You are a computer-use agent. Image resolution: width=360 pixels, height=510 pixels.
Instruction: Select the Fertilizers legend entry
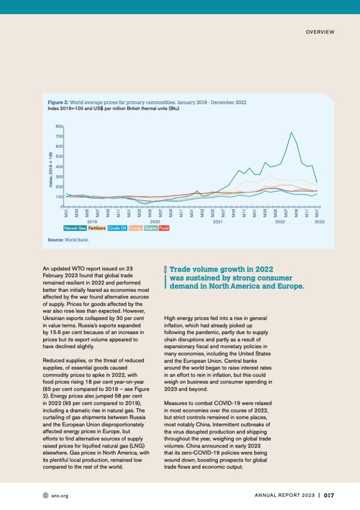[x=97, y=228]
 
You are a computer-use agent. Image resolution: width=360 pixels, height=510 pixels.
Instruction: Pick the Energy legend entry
[x=136, y=228]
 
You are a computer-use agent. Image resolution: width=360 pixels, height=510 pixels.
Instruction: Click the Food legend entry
[x=164, y=228]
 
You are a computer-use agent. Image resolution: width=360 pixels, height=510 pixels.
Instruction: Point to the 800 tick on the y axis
[x=59, y=126]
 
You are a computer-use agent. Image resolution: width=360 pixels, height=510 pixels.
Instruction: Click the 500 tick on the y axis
[x=59, y=156]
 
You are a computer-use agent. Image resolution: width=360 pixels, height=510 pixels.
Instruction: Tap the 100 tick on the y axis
[x=59, y=197]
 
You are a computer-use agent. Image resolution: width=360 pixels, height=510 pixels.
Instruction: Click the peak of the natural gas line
[x=291, y=132]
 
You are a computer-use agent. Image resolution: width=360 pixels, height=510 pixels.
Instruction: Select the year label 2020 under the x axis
[x=155, y=221]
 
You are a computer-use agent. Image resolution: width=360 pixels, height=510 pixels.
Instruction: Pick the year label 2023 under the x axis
[x=319, y=221]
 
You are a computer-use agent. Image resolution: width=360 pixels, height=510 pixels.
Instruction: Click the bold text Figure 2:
[x=58, y=102]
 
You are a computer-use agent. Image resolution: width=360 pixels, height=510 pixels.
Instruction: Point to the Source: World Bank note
[x=68, y=239]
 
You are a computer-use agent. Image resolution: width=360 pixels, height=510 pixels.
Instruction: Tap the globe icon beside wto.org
[x=45, y=495]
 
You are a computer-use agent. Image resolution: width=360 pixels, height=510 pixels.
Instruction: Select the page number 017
[x=329, y=495]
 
